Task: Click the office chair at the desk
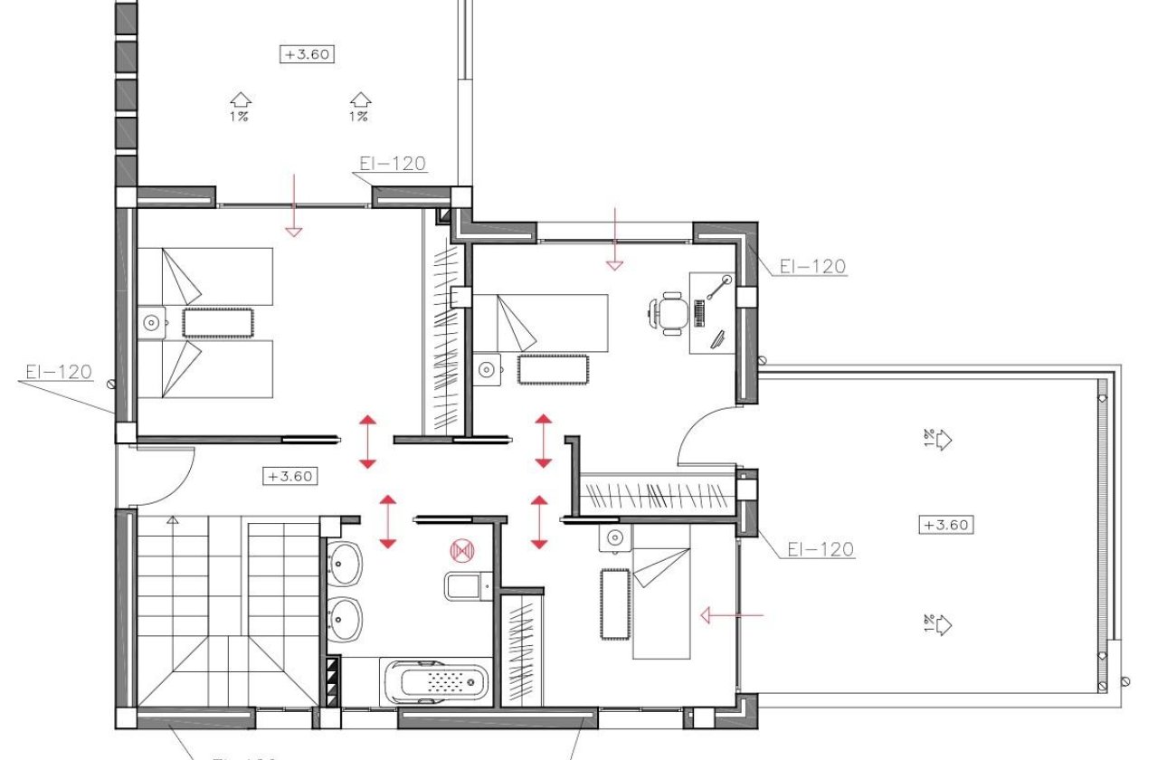coord(669,313)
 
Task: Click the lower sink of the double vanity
coord(345,621)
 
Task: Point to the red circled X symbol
coord(462,549)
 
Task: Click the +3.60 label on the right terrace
coord(947,525)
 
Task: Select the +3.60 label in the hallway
coord(289,476)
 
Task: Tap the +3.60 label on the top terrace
coord(308,54)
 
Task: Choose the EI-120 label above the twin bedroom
coord(392,164)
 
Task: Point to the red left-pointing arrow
coord(733,616)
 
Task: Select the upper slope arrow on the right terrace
coord(941,440)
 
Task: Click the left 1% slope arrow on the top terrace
coord(239,100)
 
